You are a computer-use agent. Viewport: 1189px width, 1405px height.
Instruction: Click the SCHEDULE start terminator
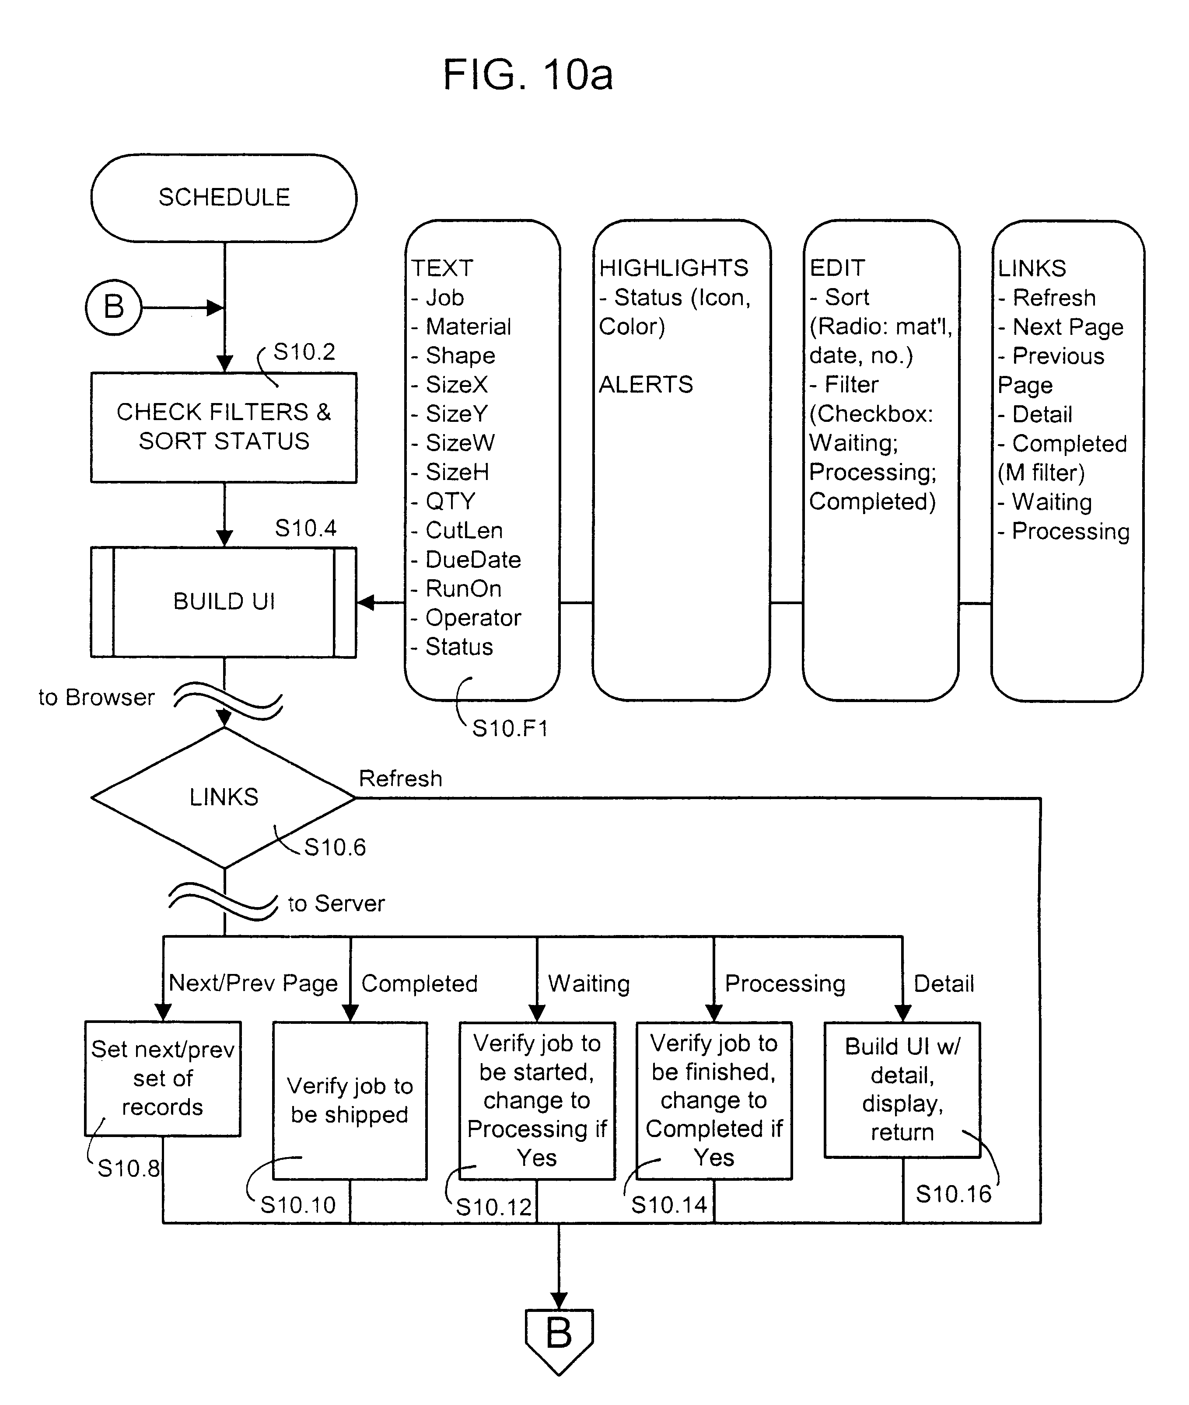[224, 197]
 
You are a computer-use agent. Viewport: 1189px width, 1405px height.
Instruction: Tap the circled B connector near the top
[113, 307]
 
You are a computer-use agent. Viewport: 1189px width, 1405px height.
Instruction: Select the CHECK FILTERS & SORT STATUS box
[224, 427]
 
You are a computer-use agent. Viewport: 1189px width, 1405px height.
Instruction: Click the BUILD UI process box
[224, 602]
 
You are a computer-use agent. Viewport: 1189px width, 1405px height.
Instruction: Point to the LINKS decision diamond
[224, 797]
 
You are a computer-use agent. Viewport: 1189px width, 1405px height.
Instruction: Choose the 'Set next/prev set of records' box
[162, 1078]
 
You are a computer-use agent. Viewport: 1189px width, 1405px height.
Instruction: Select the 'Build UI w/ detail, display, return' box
[902, 1089]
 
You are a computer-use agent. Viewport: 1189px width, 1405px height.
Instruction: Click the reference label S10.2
[304, 351]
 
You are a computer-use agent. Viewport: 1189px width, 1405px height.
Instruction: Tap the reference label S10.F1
[510, 728]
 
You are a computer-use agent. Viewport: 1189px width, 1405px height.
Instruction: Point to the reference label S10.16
[953, 1194]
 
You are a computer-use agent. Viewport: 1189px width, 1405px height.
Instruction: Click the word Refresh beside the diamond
[400, 779]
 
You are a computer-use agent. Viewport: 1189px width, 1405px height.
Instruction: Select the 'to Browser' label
[96, 697]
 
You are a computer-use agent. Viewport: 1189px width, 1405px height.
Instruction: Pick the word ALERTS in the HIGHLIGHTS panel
[646, 385]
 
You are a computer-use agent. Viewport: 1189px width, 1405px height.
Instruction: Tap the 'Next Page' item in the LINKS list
[1068, 327]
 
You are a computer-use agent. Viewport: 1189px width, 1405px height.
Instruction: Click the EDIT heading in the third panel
[837, 268]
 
